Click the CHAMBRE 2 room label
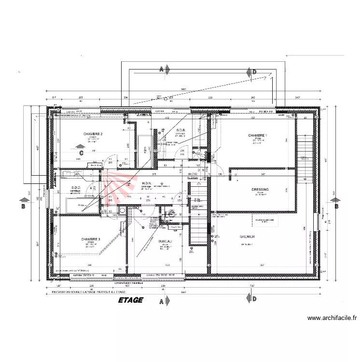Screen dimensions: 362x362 tap(93, 134)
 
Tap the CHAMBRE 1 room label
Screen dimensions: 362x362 tap(257, 135)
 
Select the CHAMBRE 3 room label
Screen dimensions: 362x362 tap(91, 239)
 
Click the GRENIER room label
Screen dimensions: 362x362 tap(247, 237)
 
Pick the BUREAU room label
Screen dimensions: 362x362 tap(165, 241)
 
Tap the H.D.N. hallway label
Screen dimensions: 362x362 tap(147, 183)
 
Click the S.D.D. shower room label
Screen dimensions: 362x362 tap(76, 187)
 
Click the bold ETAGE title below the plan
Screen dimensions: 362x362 tap(130, 300)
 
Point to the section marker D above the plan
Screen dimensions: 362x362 tap(254, 71)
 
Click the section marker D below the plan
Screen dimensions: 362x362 tap(254, 299)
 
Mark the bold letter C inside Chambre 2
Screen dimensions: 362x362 tap(82, 153)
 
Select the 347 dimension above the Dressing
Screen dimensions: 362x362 tap(263, 173)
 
